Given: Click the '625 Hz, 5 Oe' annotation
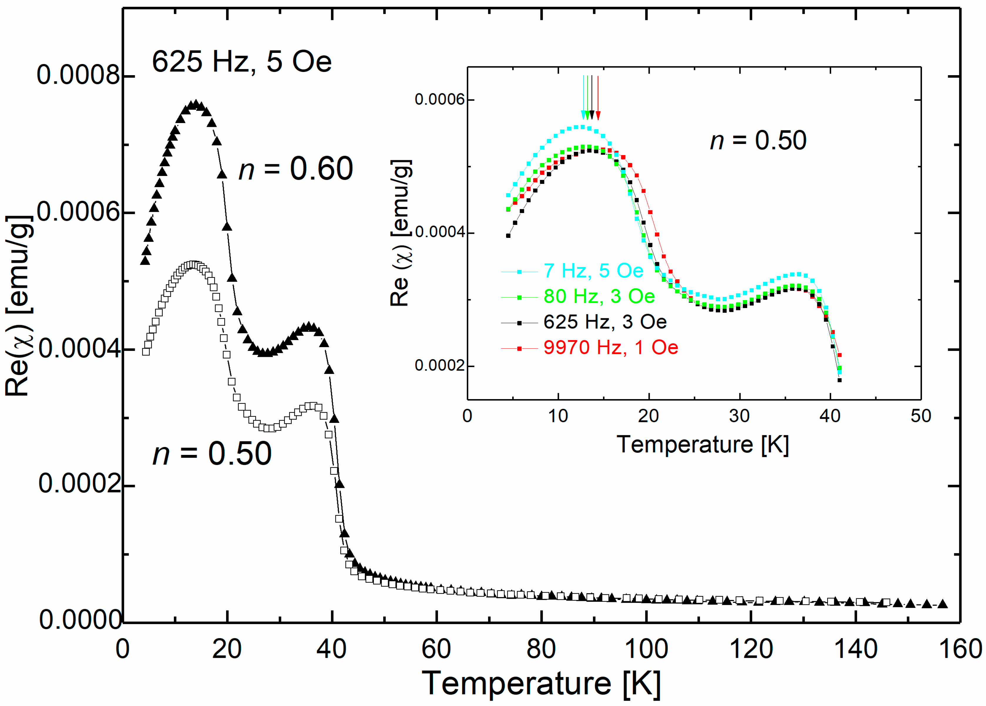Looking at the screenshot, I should (x=242, y=62).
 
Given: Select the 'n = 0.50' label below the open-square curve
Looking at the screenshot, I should (x=212, y=454).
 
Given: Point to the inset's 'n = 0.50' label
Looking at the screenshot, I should (x=758, y=140).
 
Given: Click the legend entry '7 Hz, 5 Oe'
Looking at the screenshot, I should (x=593, y=271).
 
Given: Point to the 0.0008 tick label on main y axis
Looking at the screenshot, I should (x=78, y=75).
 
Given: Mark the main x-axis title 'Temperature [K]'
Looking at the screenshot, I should (x=541, y=684).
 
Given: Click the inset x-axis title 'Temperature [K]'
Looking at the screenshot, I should (x=703, y=445).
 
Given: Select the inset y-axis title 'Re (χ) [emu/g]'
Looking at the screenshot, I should (x=400, y=233).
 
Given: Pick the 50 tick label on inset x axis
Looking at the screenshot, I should (x=921, y=416).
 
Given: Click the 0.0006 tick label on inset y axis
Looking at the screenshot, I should (x=439, y=100).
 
